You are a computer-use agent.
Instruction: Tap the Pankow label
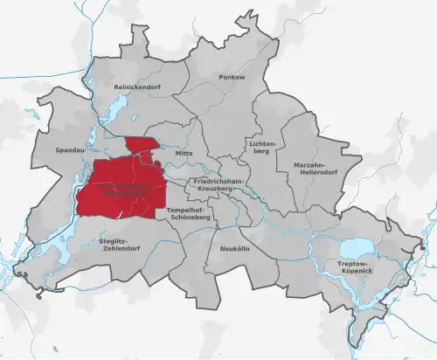[232, 78]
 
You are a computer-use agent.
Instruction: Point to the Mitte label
[184, 153]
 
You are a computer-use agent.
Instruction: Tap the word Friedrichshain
[218, 181]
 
